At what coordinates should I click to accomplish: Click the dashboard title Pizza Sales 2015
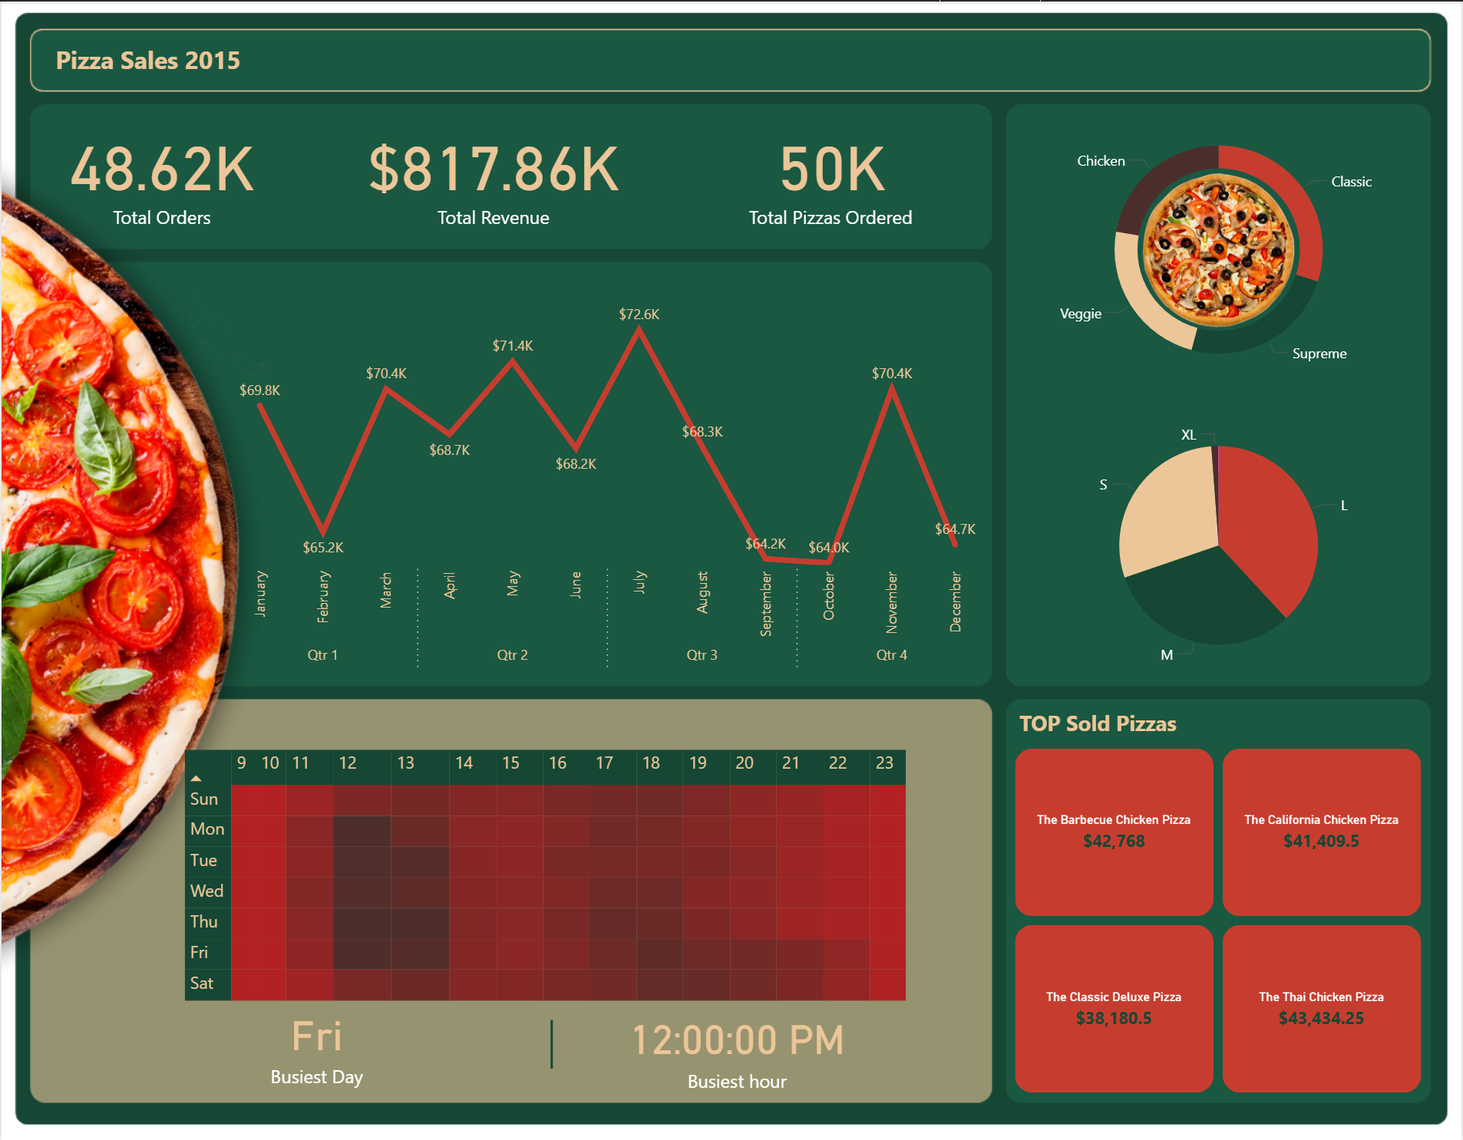pos(147,61)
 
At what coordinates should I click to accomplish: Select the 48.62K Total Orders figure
pos(162,170)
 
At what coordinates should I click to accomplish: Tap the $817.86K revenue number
pos(494,170)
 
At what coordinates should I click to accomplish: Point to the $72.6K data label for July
pos(639,315)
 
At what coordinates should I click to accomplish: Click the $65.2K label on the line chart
pos(323,548)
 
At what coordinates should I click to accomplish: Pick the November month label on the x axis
pos(892,602)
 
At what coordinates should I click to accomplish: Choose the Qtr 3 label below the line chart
pos(702,655)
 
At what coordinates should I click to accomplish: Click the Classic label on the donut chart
pos(1351,182)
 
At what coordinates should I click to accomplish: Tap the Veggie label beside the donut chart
pos(1080,314)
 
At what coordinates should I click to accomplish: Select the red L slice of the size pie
pos(1270,529)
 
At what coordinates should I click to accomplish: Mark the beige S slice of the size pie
pos(1167,510)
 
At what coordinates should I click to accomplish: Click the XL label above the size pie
pos(1188,435)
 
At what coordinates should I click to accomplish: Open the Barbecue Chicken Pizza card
pos(1114,832)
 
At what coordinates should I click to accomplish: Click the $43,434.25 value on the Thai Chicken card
pos(1321,1019)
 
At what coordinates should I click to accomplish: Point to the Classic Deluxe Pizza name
pos(1114,997)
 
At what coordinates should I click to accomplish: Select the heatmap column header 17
pos(604,763)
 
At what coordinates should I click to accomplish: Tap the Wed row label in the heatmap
pos(206,891)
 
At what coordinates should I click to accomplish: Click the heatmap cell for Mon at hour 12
pos(362,830)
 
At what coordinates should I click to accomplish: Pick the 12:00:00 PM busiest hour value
pos(738,1041)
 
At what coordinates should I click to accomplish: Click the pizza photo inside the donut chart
pos(1218,249)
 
